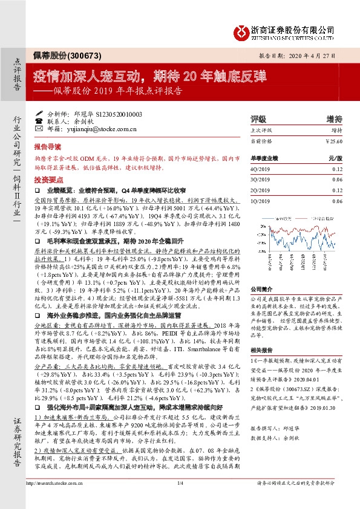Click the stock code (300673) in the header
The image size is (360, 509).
coord(79,56)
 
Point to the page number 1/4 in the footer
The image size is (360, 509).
coord(180,499)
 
